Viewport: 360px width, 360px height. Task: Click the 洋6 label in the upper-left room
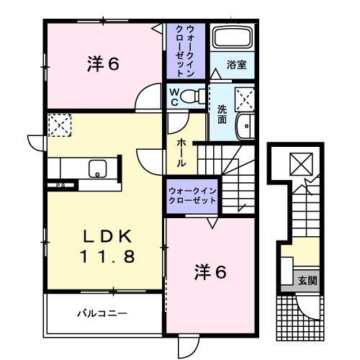pos(103,63)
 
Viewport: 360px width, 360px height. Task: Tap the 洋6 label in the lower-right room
pos(212,272)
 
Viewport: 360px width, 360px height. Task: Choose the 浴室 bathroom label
pos(238,64)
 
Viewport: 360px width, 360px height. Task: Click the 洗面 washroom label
pos(223,114)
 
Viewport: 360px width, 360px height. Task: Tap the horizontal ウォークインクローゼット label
pos(192,194)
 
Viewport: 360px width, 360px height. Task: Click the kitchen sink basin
pos(96,168)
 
